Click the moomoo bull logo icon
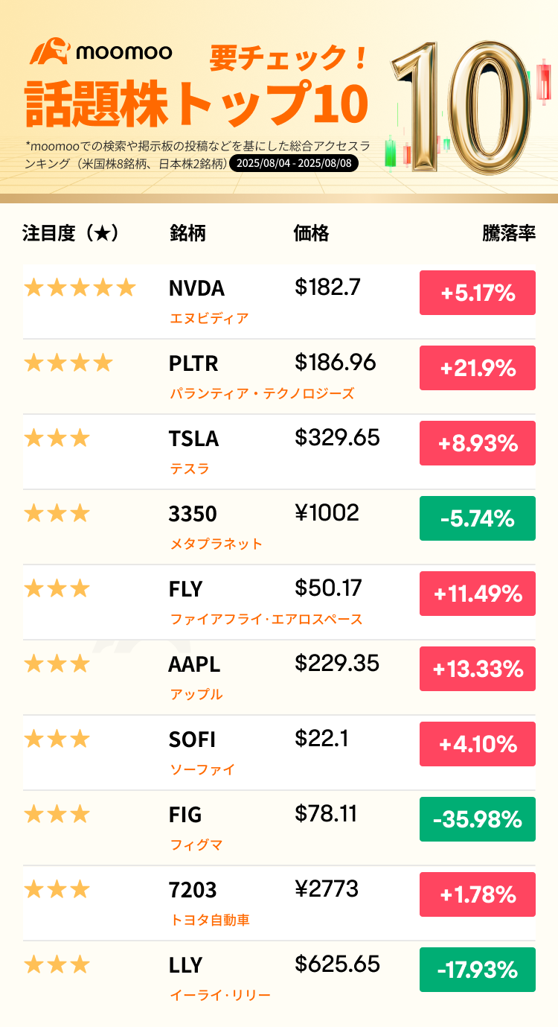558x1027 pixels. coord(50,51)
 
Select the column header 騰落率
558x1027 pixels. coord(509,233)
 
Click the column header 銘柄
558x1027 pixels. coord(187,233)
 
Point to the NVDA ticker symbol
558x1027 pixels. coord(196,289)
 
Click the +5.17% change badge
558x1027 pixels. coord(478,293)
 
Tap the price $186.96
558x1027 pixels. coord(336,363)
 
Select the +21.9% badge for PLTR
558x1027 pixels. coord(478,368)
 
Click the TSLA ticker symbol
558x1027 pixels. coord(193,439)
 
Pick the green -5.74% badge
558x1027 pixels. coord(478,518)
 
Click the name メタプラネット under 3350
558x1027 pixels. coord(217,544)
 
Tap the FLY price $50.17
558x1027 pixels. coord(328,588)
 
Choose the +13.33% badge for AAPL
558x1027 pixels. coord(478,669)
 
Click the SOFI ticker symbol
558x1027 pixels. coord(192,740)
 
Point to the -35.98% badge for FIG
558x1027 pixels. coord(478,819)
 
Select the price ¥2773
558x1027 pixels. coord(327,888)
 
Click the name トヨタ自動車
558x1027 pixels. coord(211,920)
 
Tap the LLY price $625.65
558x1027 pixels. coord(337,964)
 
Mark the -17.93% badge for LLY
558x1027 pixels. coord(478,970)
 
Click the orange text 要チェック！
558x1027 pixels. coord(289,58)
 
